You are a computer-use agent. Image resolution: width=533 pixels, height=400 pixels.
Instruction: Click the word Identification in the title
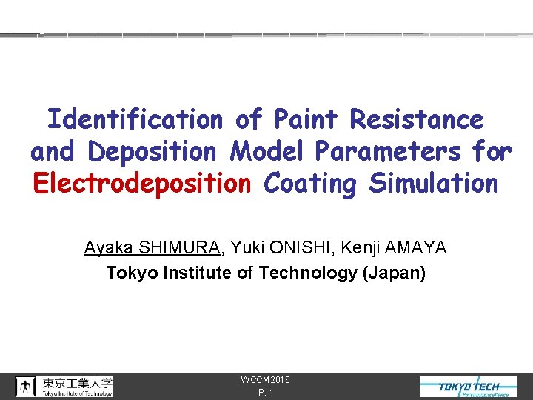tap(134, 119)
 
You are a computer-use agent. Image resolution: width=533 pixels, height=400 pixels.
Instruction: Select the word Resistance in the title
tap(417, 119)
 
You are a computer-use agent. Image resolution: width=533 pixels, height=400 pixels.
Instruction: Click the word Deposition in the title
tap(152, 152)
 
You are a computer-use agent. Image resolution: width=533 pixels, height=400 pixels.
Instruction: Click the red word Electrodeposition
tap(142, 184)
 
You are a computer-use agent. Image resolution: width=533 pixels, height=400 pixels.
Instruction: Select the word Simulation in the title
tap(434, 184)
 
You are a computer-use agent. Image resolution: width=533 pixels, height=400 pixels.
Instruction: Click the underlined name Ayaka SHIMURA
tap(152, 247)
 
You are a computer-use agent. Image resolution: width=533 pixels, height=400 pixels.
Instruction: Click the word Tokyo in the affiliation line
tap(129, 273)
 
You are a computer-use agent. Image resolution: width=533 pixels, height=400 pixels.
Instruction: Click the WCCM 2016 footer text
tap(266, 380)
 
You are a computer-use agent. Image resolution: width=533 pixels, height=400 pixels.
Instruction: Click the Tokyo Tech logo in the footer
tap(469, 387)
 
